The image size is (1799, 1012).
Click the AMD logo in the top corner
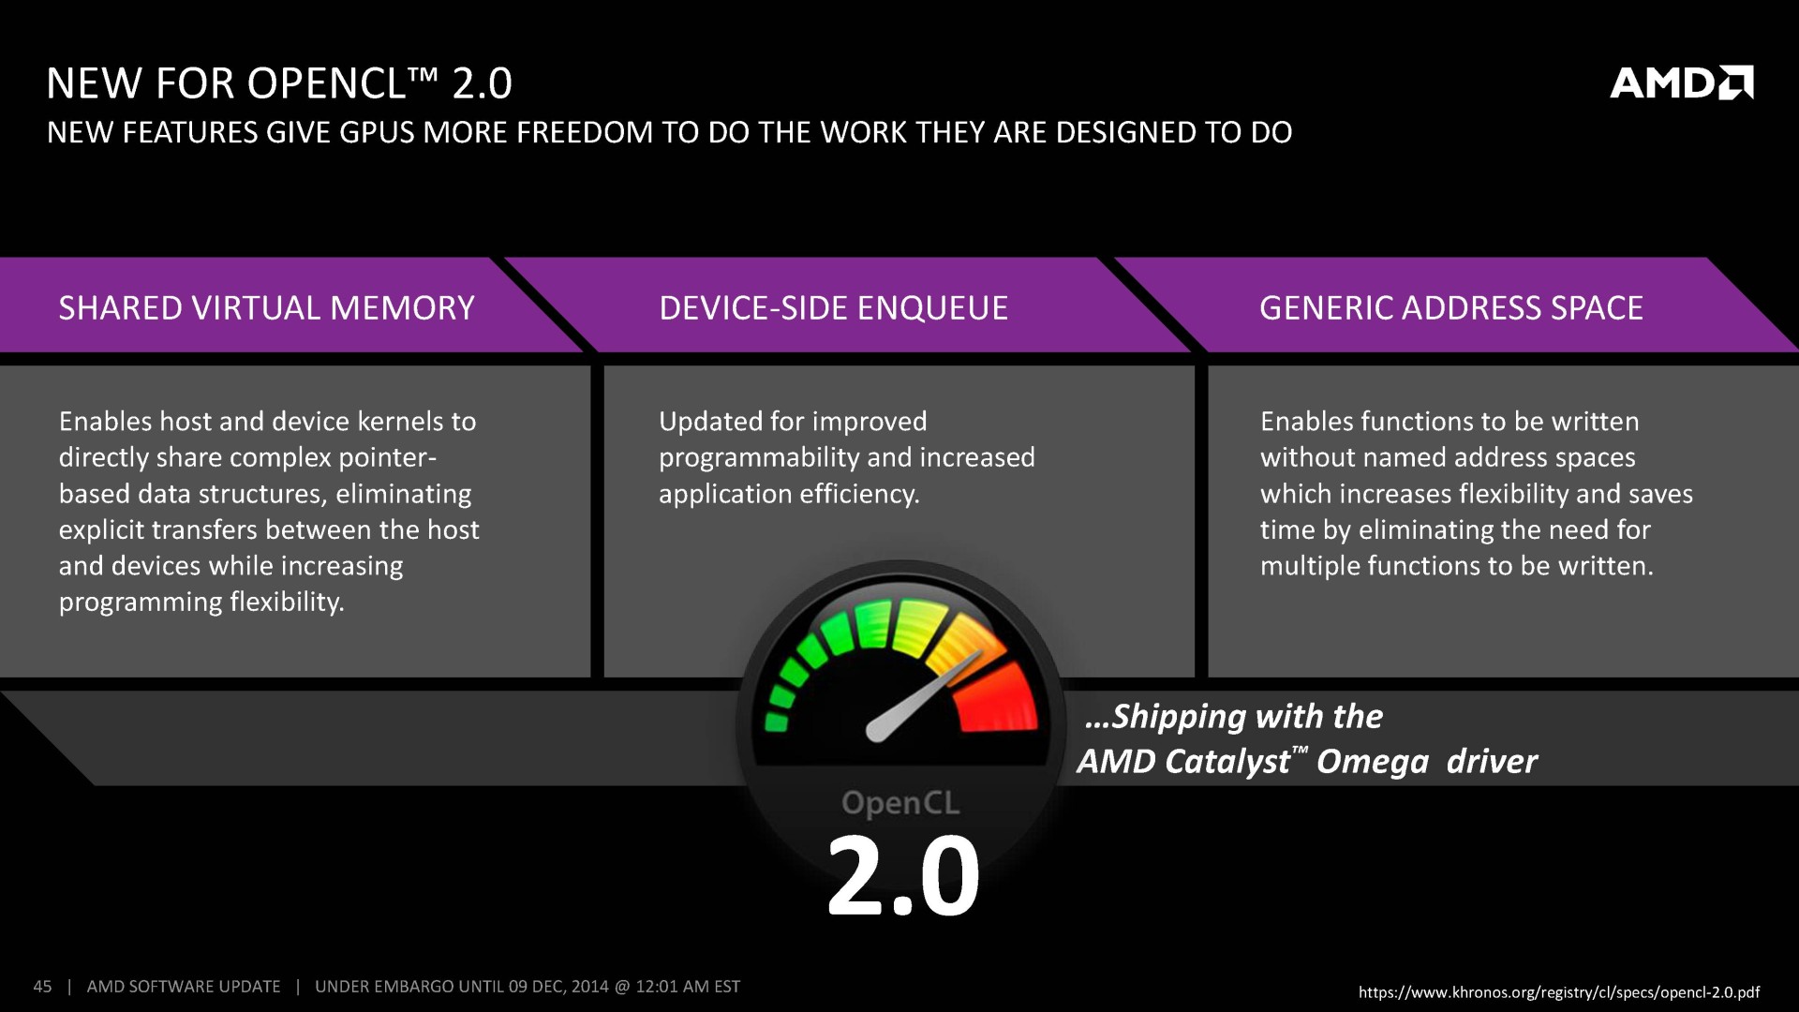(x=1681, y=83)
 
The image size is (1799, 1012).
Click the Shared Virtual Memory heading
(x=267, y=308)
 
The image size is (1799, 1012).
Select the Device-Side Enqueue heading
(x=833, y=308)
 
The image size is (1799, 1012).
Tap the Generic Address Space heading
(x=1450, y=308)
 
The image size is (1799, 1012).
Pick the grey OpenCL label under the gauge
(x=900, y=803)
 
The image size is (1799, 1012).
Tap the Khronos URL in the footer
(x=1558, y=992)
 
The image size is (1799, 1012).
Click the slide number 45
(x=42, y=987)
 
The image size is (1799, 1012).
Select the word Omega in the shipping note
(x=1372, y=762)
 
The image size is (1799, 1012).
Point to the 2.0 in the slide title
(x=482, y=83)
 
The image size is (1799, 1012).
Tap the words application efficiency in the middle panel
(x=788, y=494)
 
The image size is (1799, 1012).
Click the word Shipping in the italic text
(x=1178, y=717)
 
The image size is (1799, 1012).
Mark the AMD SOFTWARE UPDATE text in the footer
(x=184, y=987)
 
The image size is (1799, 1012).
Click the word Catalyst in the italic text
(x=1227, y=762)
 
